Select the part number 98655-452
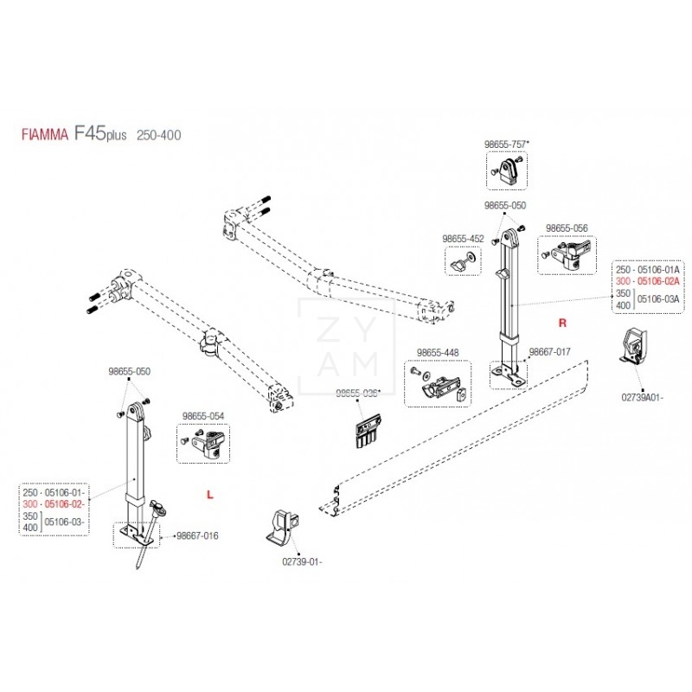(x=464, y=238)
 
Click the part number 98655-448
(x=438, y=352)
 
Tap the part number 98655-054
(x=203, y=416)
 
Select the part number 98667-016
(x=197, y=535)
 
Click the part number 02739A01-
(x=642, y=397)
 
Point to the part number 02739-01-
(x=301, y=561)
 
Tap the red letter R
(x=561, y=323)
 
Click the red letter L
(x=209, y=494)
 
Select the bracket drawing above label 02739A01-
(x=632, y=349)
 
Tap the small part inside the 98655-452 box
(x=463, y=259)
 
